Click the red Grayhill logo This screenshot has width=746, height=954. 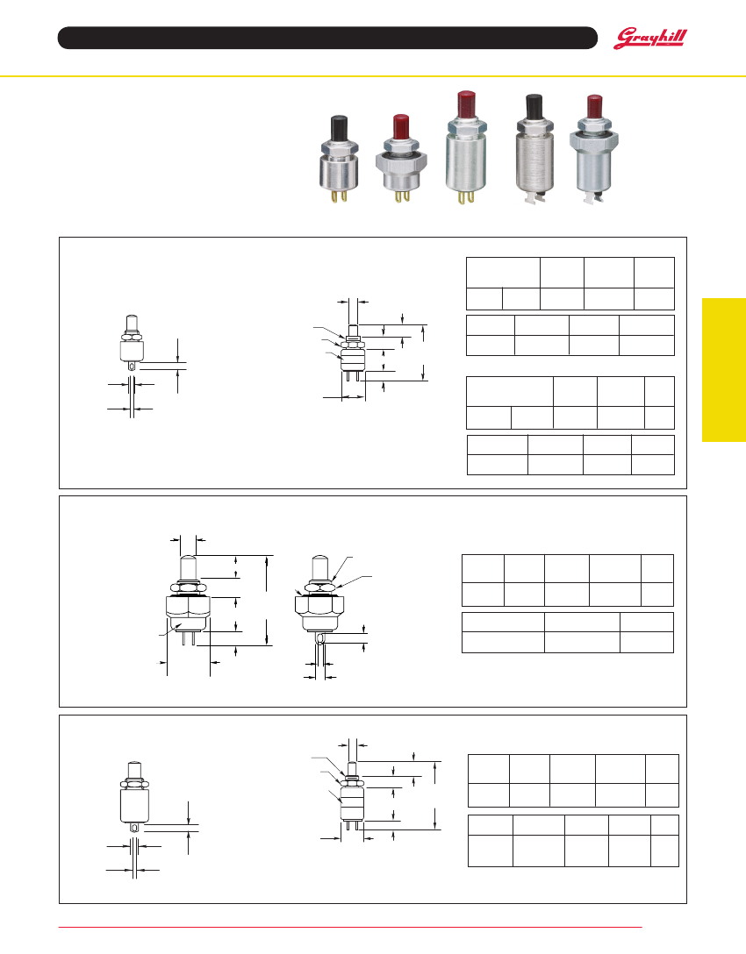pos(649,39)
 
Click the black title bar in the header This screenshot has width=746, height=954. pos(327,38)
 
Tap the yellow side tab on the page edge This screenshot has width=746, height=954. pos(724,369)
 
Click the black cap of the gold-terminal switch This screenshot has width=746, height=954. pos(339,128)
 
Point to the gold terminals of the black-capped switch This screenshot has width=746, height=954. pos(339,196)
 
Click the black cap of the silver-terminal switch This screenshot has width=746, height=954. pos(534,107)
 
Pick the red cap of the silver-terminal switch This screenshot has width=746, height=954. pos(594,106)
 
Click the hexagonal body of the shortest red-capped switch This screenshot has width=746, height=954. pos(401,162)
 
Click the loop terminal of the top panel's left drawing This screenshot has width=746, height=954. pos(133,366)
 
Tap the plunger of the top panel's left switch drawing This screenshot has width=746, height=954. pos(132,323)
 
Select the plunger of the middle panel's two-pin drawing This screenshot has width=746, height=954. pos(188,569)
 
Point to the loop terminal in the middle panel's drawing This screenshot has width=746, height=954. pos(319,637)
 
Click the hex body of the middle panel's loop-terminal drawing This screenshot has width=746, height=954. pos(319,606)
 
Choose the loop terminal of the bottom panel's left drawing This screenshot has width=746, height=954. pos(134,828)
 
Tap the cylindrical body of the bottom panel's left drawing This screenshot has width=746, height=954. pos(134,805)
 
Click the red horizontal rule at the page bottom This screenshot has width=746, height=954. pos(350,927)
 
